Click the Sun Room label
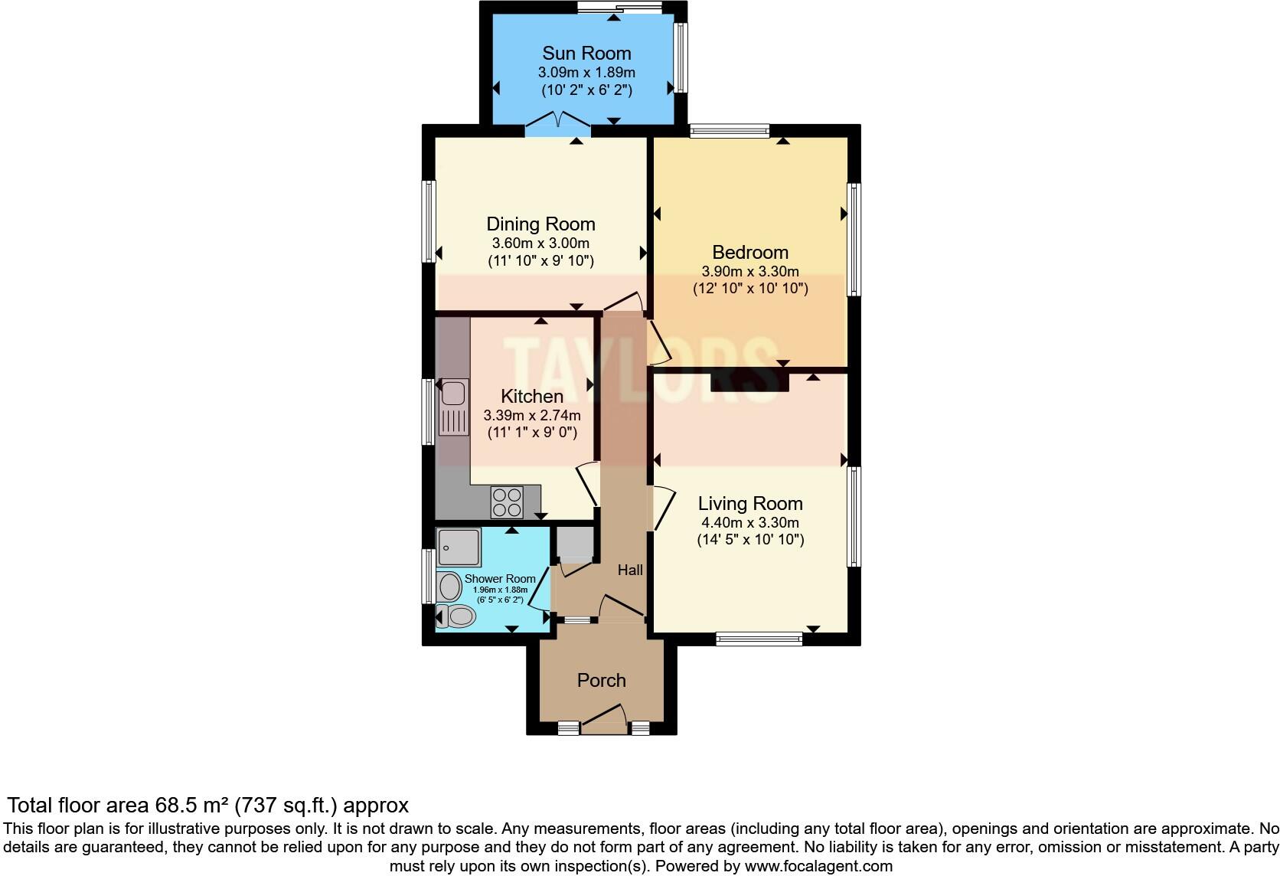click(x=586, y=53)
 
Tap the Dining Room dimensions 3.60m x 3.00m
click(x=540, y=243)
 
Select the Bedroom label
click(x=749, y=252)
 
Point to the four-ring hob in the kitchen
click(x=507, y=502)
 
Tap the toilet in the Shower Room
click(x=457, y=616)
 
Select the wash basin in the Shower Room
click(x=449, y=587)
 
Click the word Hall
click(x=630, y=570)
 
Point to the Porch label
click(x=601, y=680)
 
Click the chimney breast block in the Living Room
click(x=749, y=381)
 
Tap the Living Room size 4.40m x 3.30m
click(x=749, y=523)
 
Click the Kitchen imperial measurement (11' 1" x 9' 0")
click(x=532, y=432)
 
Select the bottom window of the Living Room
click(x=759, y=638)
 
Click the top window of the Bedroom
click(x=730, y=131)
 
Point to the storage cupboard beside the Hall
click(x=574, y=543)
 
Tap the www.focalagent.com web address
click(x=818, y=867)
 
